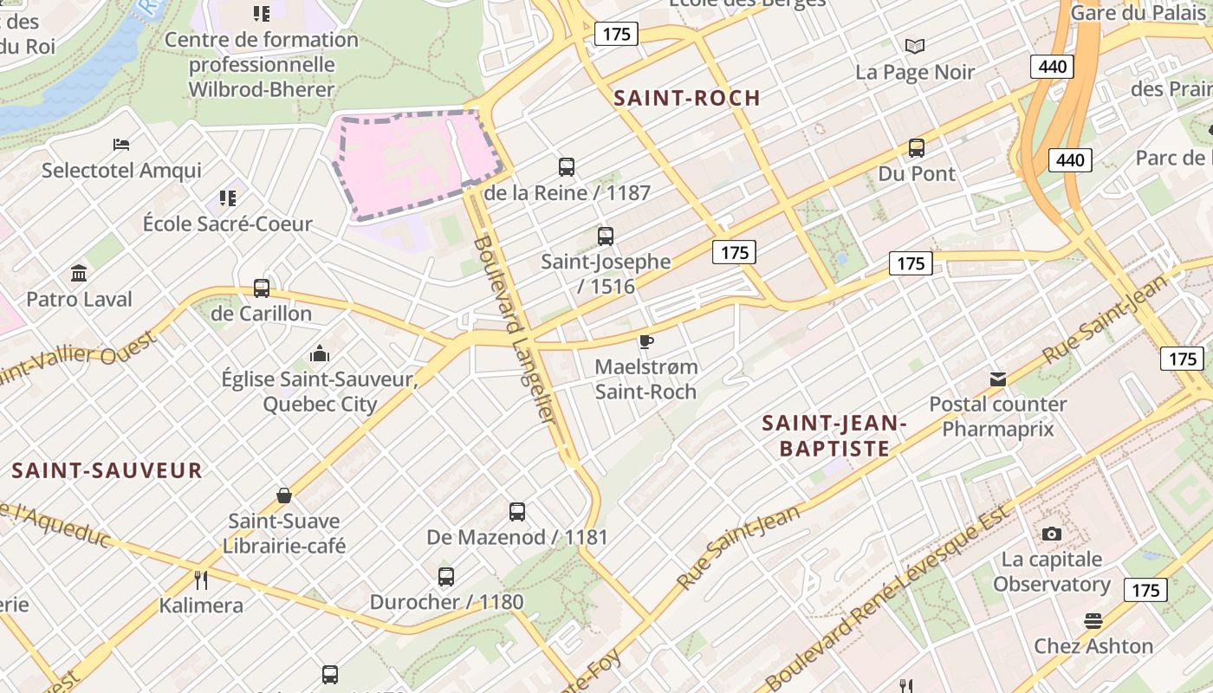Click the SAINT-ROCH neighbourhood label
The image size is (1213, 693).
click(x=687, y=98)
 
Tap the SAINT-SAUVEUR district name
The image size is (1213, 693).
click(x=107, y=470)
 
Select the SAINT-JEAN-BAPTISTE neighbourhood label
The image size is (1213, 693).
click(x=834, y=436)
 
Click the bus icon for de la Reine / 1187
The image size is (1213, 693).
click(x=567, y=167)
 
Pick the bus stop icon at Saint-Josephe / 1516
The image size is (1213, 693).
click(x=606, y=236)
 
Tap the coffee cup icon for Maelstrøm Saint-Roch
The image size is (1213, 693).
click(x=645, y=341)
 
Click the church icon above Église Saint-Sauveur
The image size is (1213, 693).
click(x=320, y=354)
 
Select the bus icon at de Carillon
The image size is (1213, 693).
click(x=262, y=288)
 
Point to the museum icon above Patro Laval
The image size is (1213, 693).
click(x=80, y=274)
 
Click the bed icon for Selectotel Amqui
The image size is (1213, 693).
click(x=121, y=145)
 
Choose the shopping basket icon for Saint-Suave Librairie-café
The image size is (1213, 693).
click(x=284, y=495)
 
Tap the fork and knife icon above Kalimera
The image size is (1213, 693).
click(x=201, y=580)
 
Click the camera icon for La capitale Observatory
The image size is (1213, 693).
click(x=1052, y=534)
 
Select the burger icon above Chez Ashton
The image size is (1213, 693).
click(x=1093, y=621)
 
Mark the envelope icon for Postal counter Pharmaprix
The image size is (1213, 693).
click(x=998, y=379)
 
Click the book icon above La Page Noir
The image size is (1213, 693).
click(x=915, y=46)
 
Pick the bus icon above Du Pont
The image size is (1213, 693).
click(x=917, y=148)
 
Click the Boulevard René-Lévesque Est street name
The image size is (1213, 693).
click(x=888, y=596)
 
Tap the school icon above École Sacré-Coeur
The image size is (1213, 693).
click(x=228, y=198)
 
